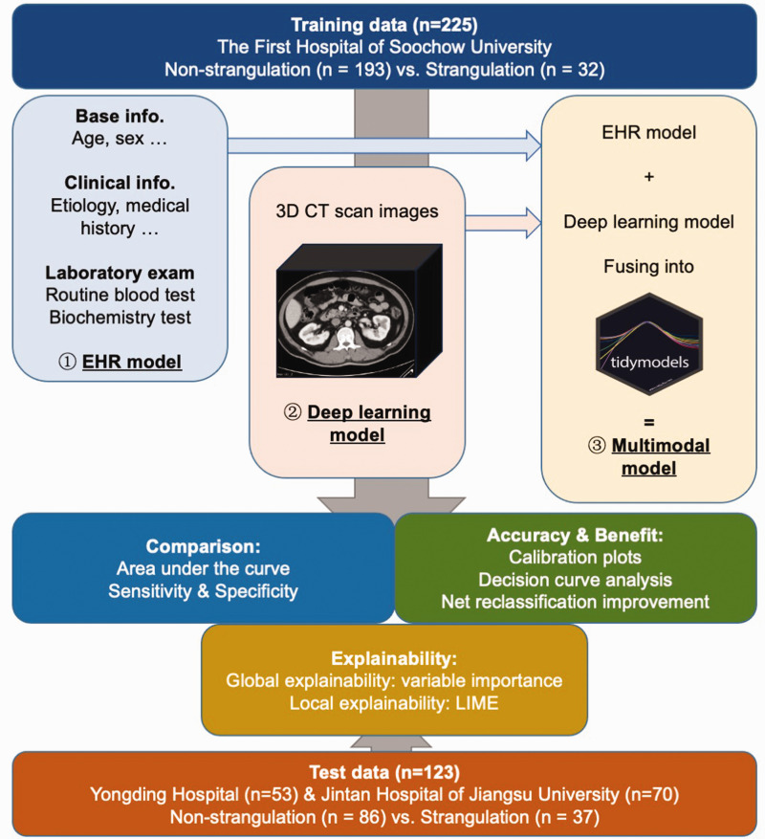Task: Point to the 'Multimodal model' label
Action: (x=649, y=456)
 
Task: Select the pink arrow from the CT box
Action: (x=503, y=222)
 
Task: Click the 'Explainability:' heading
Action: (x=392, y=659)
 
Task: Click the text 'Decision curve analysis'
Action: (x=576, y=580)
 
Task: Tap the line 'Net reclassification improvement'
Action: (x=576, y=602)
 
